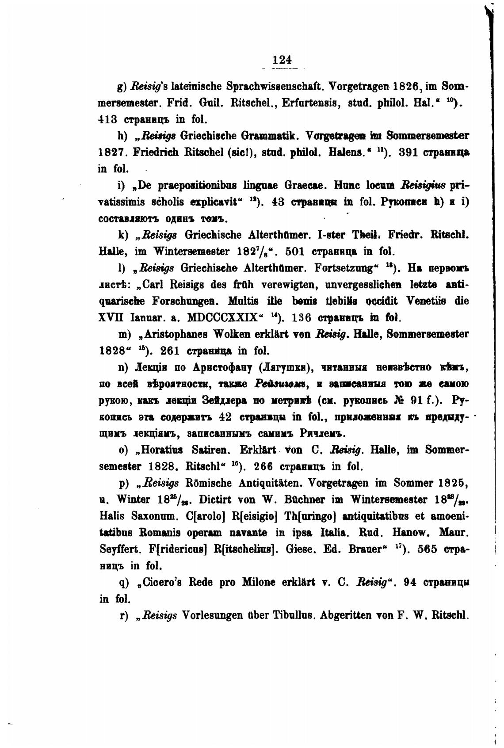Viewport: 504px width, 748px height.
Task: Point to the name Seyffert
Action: point(118,550)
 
